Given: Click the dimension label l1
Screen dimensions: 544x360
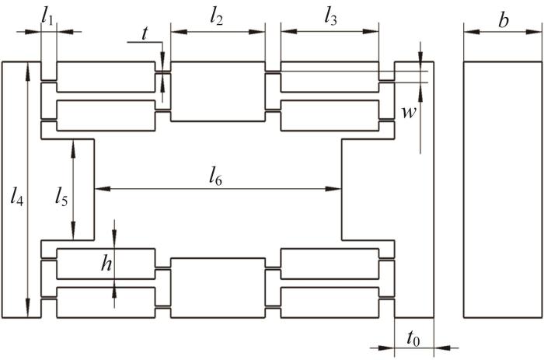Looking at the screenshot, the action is click(47, 17).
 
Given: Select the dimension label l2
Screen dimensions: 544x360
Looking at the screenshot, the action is click(217, 17).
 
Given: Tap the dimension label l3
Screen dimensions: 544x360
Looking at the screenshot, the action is click(330, 17).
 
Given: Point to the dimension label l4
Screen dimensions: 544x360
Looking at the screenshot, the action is click(16, 198).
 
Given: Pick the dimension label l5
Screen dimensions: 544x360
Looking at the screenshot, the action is click(61, 198).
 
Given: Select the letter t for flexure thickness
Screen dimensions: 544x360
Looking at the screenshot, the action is click(145, 33).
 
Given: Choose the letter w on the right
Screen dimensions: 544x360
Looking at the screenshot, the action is click(408, 113).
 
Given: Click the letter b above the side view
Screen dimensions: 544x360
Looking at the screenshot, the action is click(504, 20).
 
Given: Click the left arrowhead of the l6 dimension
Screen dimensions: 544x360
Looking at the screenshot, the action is click(103, 189).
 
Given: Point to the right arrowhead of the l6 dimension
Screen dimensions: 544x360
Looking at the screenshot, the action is click(333, 189).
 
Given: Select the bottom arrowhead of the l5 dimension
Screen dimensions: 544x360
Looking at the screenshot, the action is click(73, 232).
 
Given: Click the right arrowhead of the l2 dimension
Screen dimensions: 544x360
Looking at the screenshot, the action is click(257, 32).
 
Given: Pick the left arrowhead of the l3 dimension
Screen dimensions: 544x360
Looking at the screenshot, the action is click(288, 31).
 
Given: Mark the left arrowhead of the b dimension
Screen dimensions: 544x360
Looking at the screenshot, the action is click(472, 32).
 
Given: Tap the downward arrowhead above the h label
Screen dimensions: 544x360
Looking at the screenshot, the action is click(114, 240).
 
